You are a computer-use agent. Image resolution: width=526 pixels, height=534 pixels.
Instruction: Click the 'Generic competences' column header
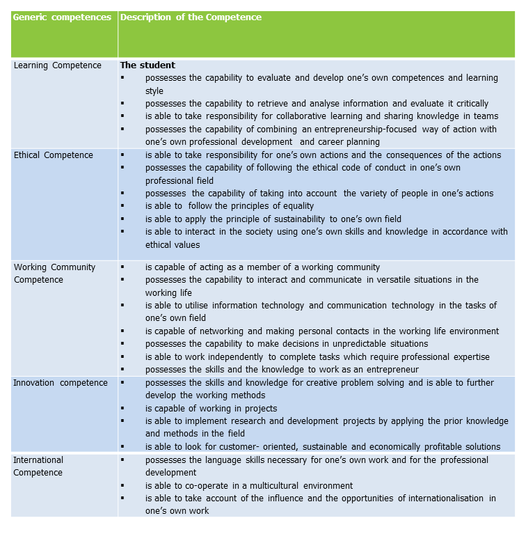[x=63, y=17]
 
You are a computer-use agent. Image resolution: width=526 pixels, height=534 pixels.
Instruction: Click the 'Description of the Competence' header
[x=191, y=17]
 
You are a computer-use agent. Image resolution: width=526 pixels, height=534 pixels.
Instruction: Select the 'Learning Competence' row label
[x=58, y=65]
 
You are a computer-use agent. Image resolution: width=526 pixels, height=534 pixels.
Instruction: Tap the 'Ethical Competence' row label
[x=54, y=155]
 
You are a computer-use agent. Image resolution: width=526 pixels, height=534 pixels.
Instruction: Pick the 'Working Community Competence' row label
[x=55, y=274]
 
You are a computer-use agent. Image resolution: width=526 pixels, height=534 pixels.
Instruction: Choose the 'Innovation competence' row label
[x=61, y=383]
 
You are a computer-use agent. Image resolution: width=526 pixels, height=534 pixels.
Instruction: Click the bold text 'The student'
[x=148, y=65]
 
